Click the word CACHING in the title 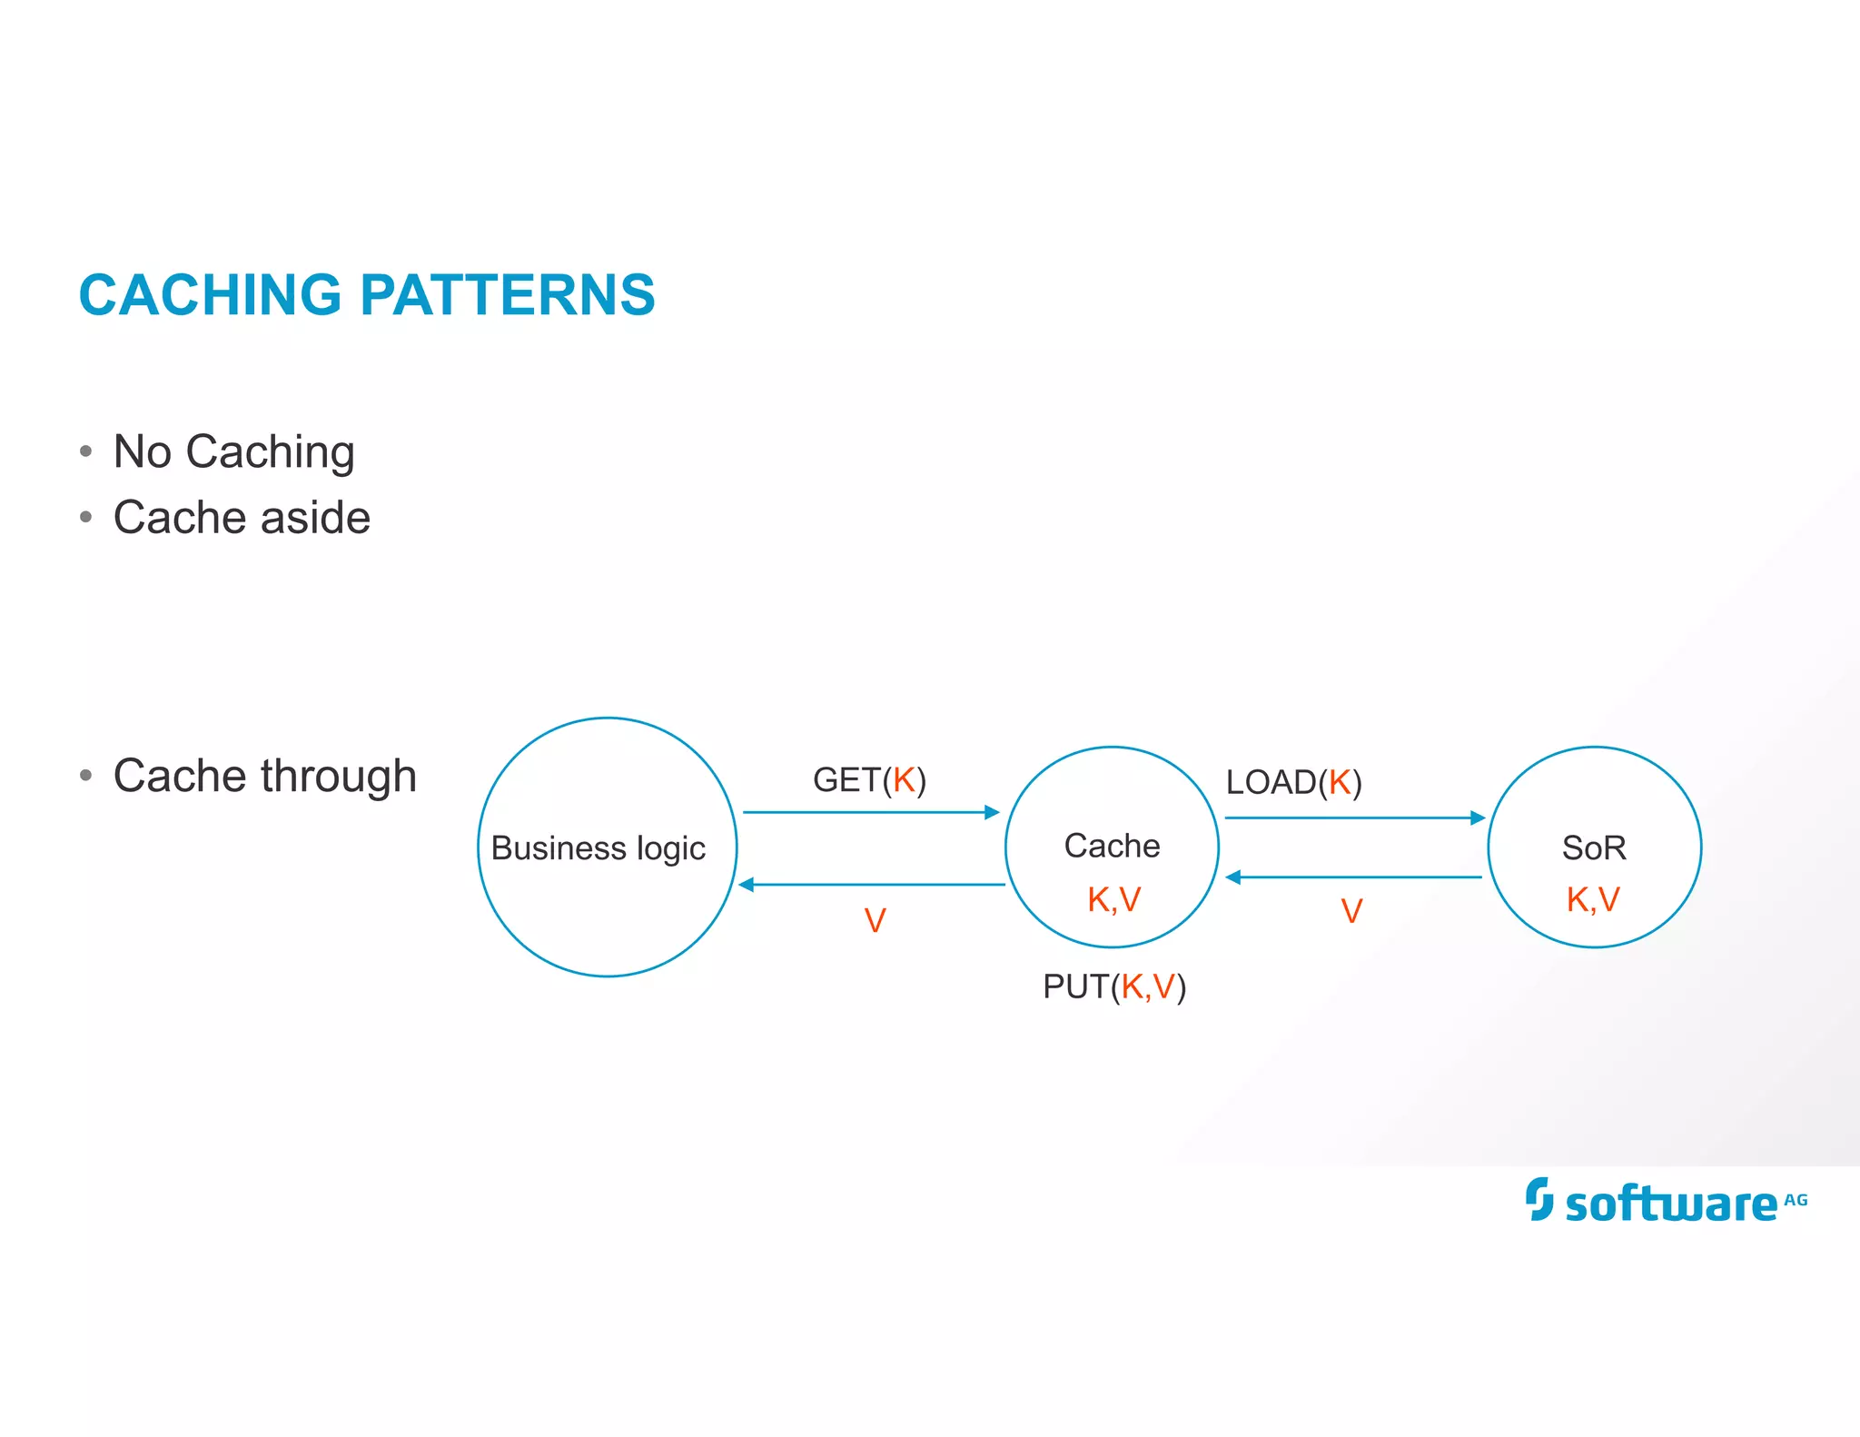point(210,295)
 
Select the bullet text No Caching point(233,451)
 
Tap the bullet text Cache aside point(242,518)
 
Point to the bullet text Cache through point(264,776)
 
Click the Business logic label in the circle point(598,848)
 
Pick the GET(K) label point(869,780)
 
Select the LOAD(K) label point(1293,782)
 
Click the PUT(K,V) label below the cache point(1114,986)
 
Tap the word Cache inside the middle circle point(1112,846)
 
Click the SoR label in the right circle point(1594,847)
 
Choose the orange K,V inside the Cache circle point(1113,899)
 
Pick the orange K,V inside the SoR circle point(1593,899)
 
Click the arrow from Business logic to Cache point(870,812)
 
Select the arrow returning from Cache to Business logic point(872,885)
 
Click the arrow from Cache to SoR point(1353,818)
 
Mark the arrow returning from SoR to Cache point(1353,877)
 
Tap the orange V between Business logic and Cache point(875,921)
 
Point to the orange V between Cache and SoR point(1351,911)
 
